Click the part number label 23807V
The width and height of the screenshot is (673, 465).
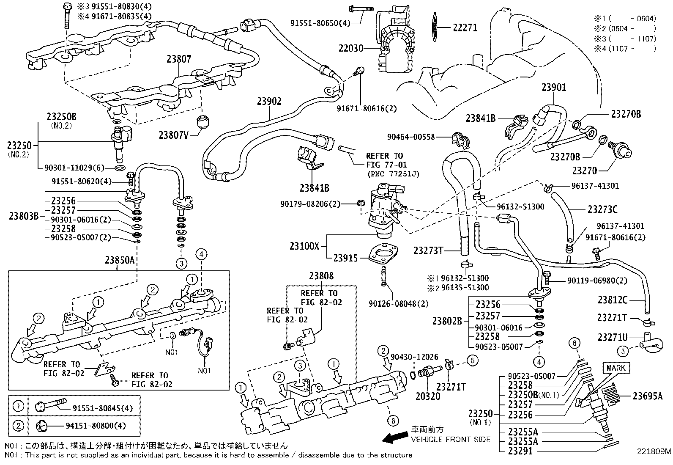coord(173,135)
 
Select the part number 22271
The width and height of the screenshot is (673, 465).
coord(465,28)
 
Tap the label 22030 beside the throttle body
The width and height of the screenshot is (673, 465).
coord(350,49)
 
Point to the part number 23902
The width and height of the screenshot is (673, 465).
coord(269,102)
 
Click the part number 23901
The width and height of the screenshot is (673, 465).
coord(554,88)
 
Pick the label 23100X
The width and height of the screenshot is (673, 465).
coord(304,245)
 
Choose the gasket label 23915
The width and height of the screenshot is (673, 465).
coord(346,258)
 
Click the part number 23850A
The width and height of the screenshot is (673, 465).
coord(120,260)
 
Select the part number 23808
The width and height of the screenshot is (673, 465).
coord(321,276)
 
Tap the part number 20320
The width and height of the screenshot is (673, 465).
coord(427,396)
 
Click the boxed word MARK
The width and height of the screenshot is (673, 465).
coord(616,368)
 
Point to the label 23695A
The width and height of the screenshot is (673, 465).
coord(648,396)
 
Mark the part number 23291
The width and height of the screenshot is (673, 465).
coord(520,451)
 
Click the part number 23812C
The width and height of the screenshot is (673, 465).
coord(613,300)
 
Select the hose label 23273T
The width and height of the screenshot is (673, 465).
coord(428,250)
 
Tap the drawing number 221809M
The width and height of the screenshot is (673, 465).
coord(654,451)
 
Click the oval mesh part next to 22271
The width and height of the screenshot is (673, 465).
coord(436,28)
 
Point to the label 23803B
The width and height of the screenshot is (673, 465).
coord(23,216)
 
